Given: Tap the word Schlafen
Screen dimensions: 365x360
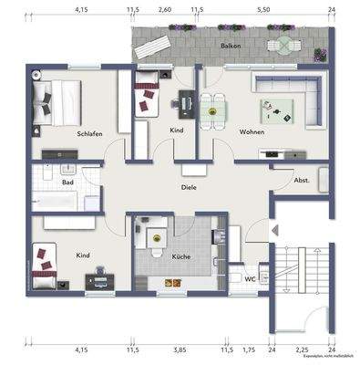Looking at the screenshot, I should click(x=89, y=134).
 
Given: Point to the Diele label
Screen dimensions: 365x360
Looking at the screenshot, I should click(x=189, y=187).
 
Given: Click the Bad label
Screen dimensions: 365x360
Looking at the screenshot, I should click(x=67, y=182).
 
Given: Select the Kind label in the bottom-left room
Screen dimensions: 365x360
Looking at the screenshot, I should click(x=82, y=257).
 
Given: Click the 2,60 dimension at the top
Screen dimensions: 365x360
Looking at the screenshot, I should click(x=164, y=9).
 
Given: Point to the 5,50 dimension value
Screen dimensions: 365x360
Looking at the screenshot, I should click(x=264, y=9).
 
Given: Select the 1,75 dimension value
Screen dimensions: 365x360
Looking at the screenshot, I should click(x=249, y=349).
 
